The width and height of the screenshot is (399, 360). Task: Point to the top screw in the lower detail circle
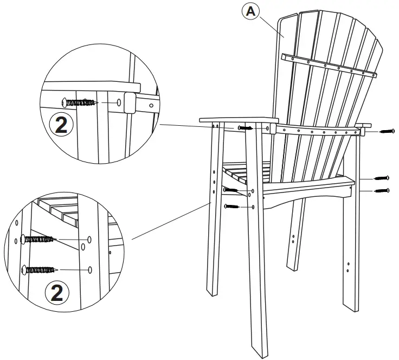[x=37, y=239]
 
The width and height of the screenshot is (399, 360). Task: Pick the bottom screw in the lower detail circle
[x=41, y=268]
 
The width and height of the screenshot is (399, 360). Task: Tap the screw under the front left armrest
[x=245, y=128]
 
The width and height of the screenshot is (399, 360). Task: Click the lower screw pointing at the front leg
[x=231, y=207]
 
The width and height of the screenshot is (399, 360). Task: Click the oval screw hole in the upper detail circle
[x=119, y=102]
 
